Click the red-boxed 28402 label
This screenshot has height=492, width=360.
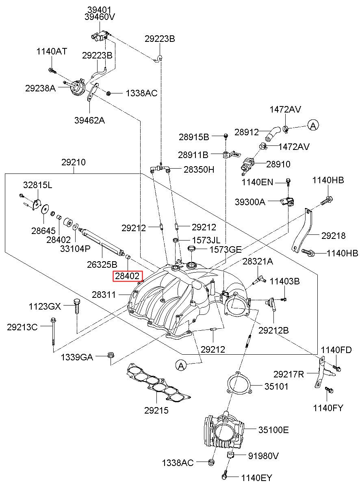click(128, 276)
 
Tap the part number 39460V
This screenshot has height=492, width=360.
click(100, 17)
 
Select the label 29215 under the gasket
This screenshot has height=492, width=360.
click(156, 410)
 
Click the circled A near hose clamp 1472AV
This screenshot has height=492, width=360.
click(313, 126)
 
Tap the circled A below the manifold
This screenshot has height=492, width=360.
click(181, 366)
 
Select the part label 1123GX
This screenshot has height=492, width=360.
click(45, 306)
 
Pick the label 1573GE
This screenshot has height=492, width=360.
click(226, 249)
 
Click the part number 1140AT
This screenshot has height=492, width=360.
click(52, 52)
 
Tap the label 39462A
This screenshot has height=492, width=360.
click(90, 120)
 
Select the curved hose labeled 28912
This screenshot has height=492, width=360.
click(273, 134)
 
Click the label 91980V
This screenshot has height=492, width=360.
click(263, 456)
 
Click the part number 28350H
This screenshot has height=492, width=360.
click(199, 169)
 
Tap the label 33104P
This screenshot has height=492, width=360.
click(75, 249)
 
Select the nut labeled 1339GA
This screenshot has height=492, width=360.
click(111, 355)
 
